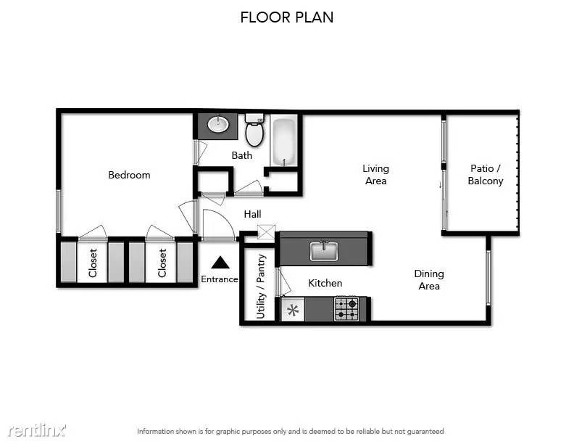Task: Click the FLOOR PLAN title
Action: (x=286, y=17)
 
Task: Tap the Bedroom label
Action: (x=129, y=175)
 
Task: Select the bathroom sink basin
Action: (x=218, y=124)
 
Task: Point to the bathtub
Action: (x=284, y=141)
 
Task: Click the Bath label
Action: (x=241, y=155)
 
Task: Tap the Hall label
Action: (x=253, y=214)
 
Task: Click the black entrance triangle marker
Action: (x=220, y=263)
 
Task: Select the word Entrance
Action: (x=220, y=279)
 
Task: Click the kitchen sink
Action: (x=324, y=251)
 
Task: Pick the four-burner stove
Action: (x=346, y=309)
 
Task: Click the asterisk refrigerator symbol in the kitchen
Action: (x=293, y=311)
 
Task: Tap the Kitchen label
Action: (x=325, y=283)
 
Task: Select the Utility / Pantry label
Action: (x=261, y=287)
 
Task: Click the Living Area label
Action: (x=375, y=174)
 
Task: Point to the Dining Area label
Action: (x=429, y=279)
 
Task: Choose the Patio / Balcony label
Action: (x=486, y=174)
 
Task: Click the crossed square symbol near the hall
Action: (x=266, y=232)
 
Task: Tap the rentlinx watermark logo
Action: (x=37, y=430)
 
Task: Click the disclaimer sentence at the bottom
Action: (x=291, y=432)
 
